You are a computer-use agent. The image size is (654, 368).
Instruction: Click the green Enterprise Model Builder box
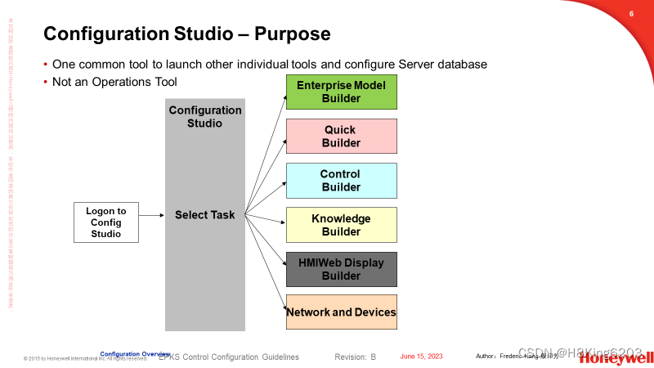341,92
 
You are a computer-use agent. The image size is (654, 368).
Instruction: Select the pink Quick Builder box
341,137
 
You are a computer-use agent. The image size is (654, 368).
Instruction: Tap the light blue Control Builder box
341,181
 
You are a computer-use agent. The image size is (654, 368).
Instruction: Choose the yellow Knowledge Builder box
341,225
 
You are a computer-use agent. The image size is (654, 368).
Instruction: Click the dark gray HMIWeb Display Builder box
341,269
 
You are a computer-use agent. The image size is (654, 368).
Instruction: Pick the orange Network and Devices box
341,312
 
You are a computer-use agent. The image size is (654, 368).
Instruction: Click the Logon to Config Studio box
105,222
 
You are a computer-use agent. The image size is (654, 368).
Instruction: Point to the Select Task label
204,215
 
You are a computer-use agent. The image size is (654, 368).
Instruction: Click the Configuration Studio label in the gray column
205,117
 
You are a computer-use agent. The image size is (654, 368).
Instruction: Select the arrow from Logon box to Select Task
151,216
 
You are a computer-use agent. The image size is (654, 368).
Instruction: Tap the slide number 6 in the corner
631,14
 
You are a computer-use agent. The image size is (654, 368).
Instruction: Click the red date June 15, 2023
421,357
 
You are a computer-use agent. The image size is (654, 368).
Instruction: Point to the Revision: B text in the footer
355,357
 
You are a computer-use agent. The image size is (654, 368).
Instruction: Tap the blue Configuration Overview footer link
135,353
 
